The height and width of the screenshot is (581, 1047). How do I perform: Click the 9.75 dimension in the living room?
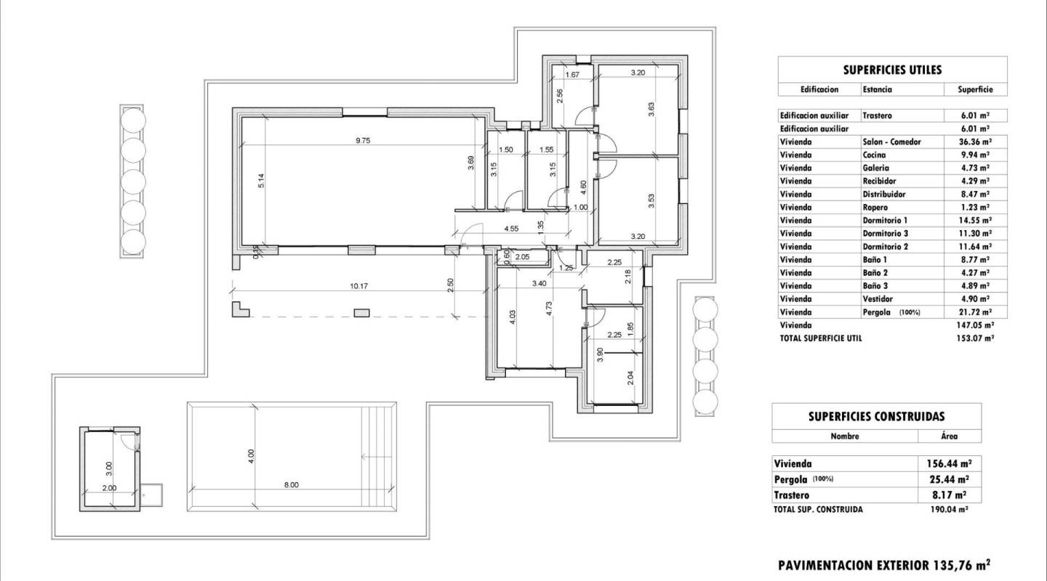point(363,142)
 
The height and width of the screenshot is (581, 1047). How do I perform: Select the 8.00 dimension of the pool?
point(291,484)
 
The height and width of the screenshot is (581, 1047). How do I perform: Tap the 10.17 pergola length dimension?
point(358,286)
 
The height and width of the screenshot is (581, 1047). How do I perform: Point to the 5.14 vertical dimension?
point(260,181)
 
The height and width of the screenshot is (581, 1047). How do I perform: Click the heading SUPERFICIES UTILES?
point(892,70)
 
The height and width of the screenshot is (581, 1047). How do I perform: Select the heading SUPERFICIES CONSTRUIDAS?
point(876,416)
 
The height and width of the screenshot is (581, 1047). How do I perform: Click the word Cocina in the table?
point(874,155)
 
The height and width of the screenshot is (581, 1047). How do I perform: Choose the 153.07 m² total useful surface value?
point(975,338)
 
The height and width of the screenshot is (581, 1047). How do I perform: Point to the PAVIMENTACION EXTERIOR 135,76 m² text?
point(884,564)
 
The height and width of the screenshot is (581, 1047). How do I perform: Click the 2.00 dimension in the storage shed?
point(108,488)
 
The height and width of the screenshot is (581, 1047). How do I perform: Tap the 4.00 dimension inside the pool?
point(252,456)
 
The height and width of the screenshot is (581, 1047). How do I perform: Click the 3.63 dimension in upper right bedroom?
point(651,109)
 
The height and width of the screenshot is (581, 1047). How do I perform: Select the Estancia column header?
point(877,89)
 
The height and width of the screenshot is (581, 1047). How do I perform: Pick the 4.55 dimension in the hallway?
point(510,229)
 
